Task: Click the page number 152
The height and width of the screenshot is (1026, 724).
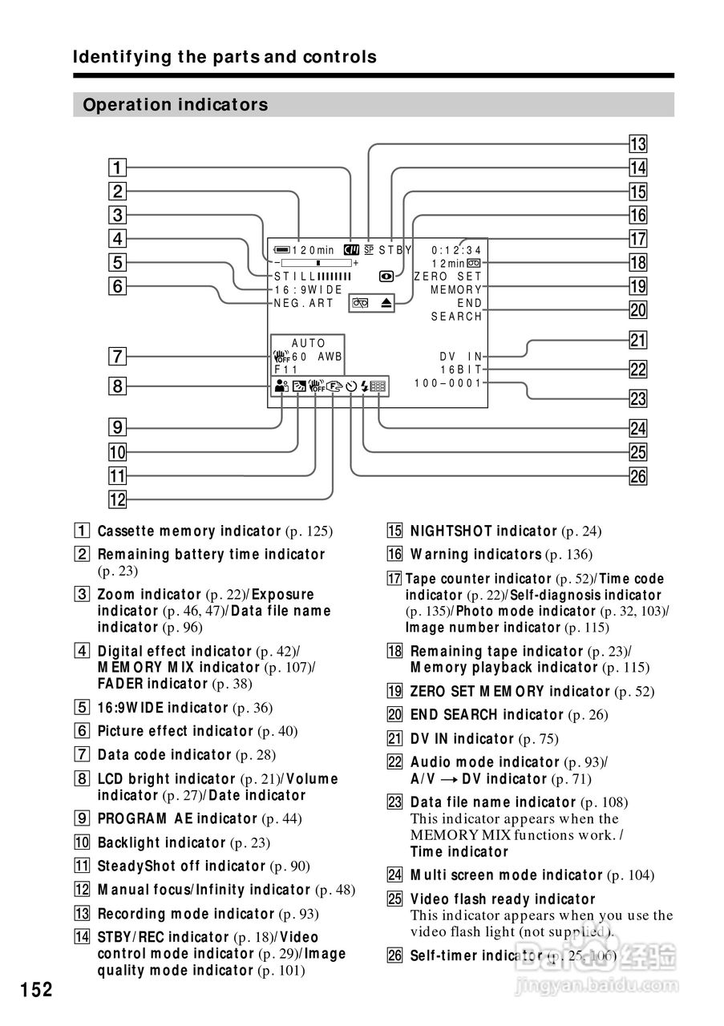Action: [37, 990]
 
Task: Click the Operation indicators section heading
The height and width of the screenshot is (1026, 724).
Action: [176, 105]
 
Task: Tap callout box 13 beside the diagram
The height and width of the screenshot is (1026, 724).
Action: [637, 145]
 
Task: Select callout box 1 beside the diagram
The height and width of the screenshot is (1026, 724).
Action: [117, 168]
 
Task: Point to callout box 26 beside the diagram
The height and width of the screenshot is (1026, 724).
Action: [637, 476]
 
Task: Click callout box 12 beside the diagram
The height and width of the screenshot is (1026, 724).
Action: [117, 500]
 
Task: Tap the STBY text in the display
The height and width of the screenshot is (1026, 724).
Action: [395, 250]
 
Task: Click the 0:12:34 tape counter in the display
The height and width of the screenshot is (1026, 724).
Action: [456, 250]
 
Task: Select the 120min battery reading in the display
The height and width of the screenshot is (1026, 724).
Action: [313, 250]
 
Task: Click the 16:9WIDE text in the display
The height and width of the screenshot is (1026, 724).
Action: [308, 289]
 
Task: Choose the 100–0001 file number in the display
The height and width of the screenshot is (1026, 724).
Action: [448, 383]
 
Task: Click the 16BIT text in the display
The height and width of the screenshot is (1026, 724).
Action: [461, 370]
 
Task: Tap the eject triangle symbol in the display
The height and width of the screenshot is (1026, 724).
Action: [386, 303]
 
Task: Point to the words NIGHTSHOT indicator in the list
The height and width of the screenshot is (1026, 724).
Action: [483, 531]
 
